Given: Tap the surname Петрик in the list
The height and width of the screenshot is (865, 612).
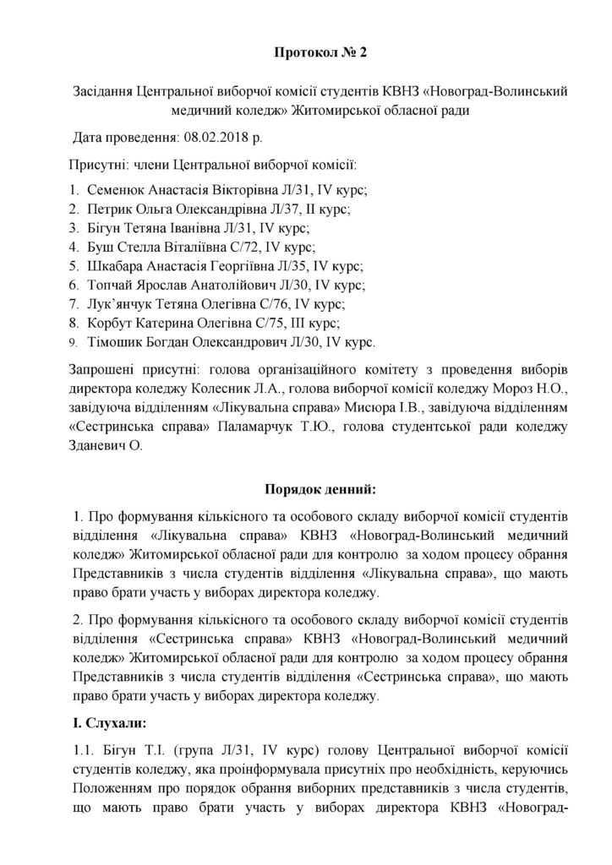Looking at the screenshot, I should tap(108, 208).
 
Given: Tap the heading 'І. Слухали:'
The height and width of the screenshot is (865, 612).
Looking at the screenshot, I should tap(110, 722).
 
